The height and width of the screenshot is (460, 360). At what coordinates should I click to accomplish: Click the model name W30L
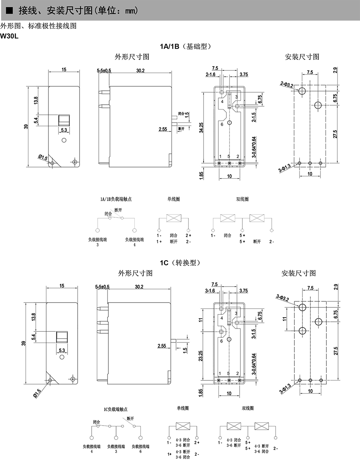point(9,37)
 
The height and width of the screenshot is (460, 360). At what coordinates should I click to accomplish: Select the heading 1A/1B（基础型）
point(186,46)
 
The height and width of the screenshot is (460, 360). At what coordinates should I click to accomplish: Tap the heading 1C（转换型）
point(180,263)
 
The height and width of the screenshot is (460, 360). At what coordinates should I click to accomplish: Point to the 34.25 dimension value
point(201,127)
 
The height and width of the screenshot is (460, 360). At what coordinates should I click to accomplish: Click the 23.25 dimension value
point(201,355)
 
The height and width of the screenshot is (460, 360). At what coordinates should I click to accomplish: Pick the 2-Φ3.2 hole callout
point(286,84)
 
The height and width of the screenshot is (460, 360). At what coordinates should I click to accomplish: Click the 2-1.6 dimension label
point(210,74)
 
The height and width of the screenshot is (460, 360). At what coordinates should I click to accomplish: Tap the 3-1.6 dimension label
point(210,291)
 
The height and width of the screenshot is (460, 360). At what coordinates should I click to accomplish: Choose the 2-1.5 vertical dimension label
point(254,117)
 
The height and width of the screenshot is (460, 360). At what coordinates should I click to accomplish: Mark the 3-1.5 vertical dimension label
point(254,334)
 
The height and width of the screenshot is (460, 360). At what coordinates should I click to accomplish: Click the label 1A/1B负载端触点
point(116,199)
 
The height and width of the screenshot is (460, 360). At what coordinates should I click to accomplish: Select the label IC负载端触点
point(116,409)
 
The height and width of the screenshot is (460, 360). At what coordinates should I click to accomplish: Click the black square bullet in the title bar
point(9,11)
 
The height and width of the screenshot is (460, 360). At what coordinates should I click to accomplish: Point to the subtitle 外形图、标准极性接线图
point(38,26)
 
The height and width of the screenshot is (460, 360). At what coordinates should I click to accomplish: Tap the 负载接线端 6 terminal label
point(140,448)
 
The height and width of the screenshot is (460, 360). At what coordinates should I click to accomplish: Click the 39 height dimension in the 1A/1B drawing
point(26,127)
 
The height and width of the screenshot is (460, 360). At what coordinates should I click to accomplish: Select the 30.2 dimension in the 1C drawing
point(139,287)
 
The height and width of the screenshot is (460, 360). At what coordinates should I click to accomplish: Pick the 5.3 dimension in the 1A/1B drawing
point(64,130)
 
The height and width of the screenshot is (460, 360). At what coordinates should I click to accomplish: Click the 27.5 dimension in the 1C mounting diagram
point(336,351)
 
